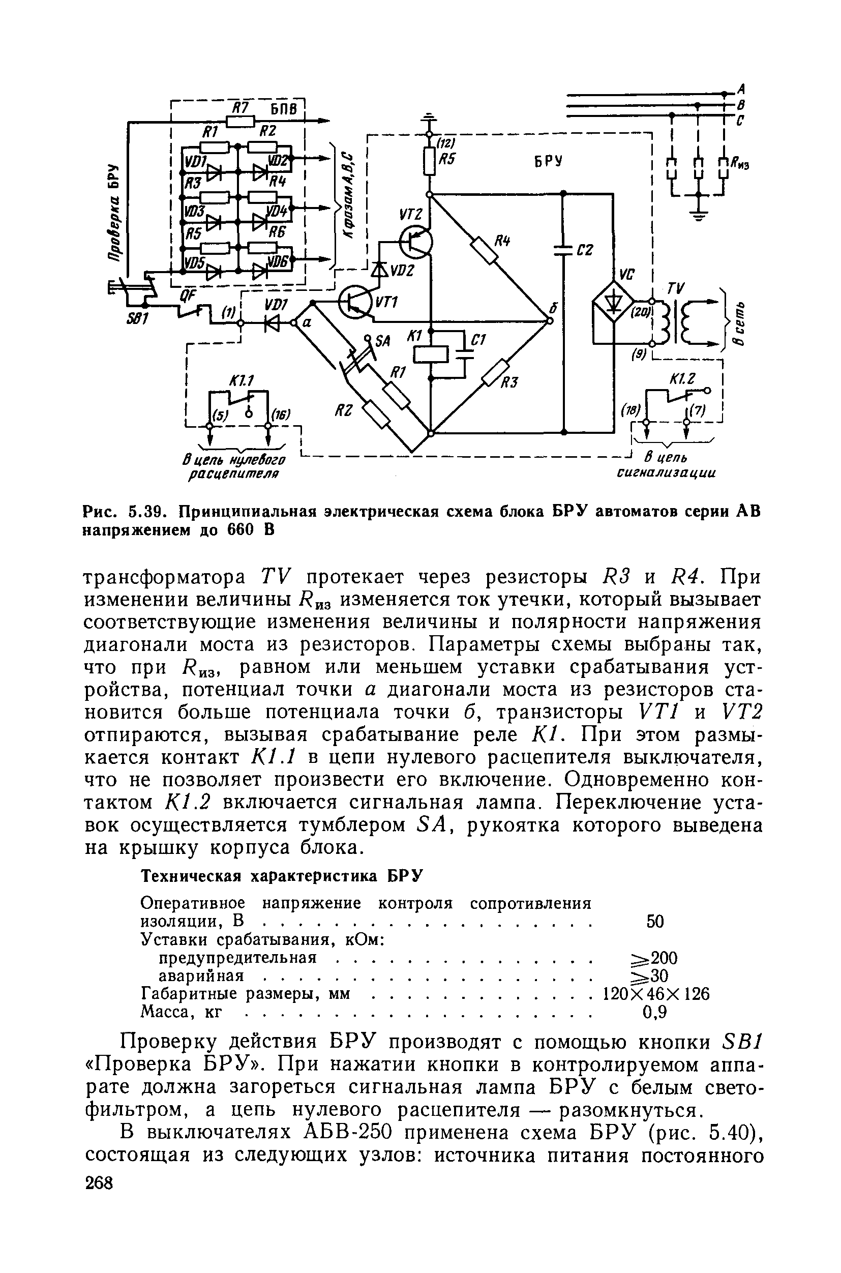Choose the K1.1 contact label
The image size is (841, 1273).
tap(242, 381)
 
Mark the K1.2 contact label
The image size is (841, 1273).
tap(682, 379)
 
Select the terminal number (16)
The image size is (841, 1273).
tap(281, 413)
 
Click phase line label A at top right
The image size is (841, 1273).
tap(742, 88)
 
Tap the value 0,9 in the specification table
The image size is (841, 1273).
tap(654, 1012)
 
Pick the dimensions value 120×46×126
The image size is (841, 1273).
tap(655, 994)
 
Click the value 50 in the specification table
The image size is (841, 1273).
tap(655, 922)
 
